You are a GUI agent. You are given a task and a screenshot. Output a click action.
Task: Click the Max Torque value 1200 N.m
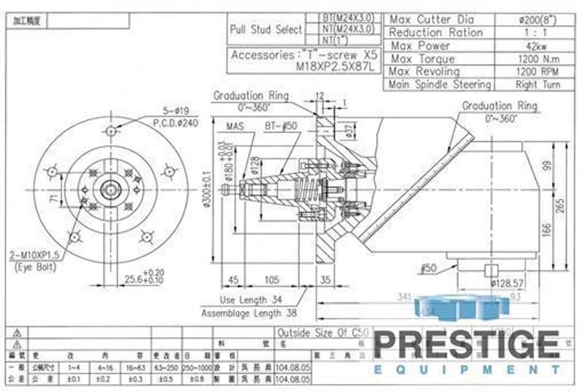(x=537, y=59)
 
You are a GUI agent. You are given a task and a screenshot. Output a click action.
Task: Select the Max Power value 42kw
(x=537, y=45)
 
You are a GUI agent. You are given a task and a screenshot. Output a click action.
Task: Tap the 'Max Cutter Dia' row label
(x=433, y=20)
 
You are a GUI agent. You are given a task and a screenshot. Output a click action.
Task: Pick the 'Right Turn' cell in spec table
(x=537, y=85)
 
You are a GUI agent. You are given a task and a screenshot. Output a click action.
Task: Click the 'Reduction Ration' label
(x=436, y=33)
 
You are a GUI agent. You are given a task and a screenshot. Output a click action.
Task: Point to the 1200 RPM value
(x=537, y=72)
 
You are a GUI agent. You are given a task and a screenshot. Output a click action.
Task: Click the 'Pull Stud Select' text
(x=265, y=30)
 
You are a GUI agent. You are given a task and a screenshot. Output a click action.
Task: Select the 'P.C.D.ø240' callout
(x=179, y=123)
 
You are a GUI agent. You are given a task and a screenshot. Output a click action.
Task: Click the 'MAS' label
(x=235, y=126)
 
